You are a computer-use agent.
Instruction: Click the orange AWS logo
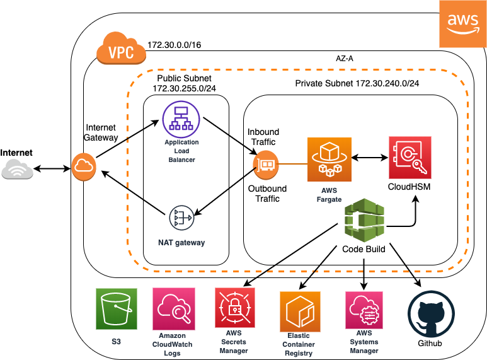pos(463,24)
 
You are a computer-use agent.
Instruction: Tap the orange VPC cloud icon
pos(121,48)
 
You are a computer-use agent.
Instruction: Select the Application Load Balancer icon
pos(181,119)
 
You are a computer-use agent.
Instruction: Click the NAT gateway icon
pos(181,218)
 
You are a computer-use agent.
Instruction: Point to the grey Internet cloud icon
pos(18,169)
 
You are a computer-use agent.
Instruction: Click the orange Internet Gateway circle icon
pos(84,167)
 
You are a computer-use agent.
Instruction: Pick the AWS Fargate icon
pos(329,160)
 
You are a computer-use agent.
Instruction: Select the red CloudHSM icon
pos(410,158)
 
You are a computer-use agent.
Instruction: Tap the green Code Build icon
pos(364,221)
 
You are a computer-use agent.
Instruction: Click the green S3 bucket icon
pos(117,309)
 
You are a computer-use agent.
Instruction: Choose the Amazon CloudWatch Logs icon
pos(174,309)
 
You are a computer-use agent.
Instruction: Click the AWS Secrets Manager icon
pos(235,308)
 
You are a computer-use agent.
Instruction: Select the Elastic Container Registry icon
pos(300,311)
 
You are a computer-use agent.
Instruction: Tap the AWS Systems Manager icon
pos(364,310)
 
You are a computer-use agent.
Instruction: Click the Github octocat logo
pos(431,315)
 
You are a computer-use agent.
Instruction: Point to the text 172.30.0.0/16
pos(174,45)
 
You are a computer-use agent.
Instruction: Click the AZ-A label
pos(345,59)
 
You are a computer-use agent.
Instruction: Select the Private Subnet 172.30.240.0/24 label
pos(357,83)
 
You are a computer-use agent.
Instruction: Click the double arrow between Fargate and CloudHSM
pos(370,158)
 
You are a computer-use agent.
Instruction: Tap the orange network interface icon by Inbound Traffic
pos(266,165)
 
